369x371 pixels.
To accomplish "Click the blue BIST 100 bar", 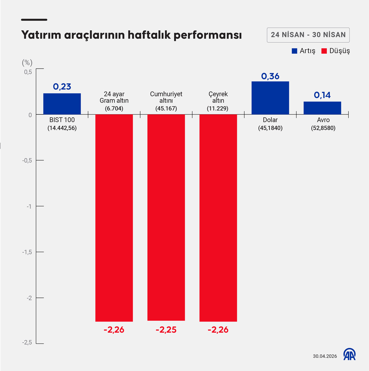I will [x=62, y=104].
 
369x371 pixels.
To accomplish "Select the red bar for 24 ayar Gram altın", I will [x=114, y=218].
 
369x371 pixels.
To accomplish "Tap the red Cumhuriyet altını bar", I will [x=166, y=218].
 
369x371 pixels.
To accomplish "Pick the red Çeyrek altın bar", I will [x=218, y=218].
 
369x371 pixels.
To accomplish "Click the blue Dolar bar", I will [x=270, y=98].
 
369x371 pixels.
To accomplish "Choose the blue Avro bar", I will [x=322, y=108].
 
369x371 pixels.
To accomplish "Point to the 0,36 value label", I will [x=270, y=76].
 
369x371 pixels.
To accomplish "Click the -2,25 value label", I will [x=166, y=330].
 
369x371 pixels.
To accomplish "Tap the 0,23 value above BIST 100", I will [x=62, y=86].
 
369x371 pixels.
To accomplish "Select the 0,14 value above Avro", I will [x=322, y=95].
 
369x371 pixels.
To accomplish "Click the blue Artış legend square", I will [x=295, y=51].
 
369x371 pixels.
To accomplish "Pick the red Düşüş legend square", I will [x=324, y=51].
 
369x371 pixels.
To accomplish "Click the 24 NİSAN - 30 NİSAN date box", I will [x=308, y=35].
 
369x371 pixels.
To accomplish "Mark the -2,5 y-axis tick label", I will [x=27, y=342].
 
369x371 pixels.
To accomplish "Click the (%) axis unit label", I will [x=27, y=62].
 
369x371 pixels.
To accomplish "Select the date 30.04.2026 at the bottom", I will [x=325, y=356].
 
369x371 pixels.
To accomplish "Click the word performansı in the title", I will [x=208, y=35].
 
